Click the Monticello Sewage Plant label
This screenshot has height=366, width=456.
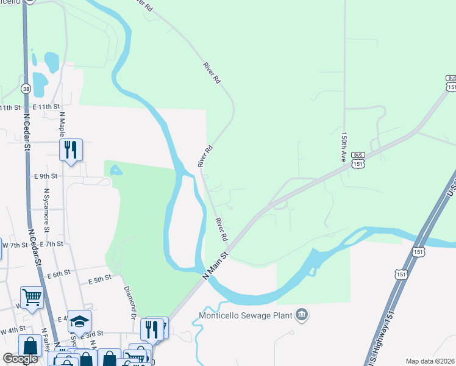246,316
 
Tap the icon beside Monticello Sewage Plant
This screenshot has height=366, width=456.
301,315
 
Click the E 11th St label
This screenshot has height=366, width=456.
46,107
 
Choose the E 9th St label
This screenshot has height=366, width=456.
45,176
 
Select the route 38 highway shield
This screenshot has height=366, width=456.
26,88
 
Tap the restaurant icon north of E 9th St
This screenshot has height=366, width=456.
71,149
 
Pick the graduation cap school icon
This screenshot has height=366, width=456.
79,321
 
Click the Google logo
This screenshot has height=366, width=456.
20,359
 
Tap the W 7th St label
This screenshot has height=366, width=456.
15,245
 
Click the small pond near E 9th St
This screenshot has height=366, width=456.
116,170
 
